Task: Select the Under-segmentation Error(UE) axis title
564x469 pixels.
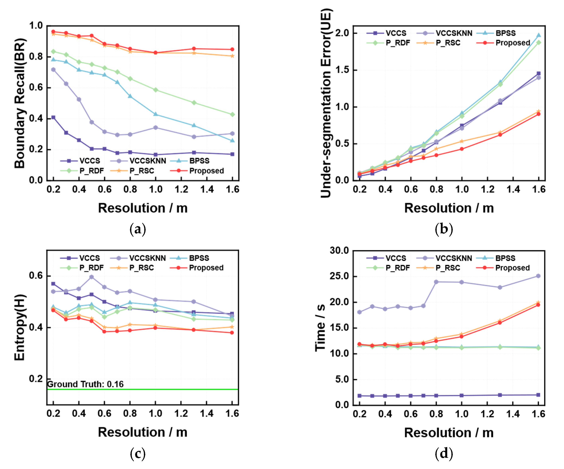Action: [x=326, y=103]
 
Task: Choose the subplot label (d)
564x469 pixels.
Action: [x=444, y=453]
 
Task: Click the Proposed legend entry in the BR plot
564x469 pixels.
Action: [x=206, y=171]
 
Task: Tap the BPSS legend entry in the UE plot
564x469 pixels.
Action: [x=505, y=33]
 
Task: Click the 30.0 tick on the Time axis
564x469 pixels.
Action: [x=339, y=250]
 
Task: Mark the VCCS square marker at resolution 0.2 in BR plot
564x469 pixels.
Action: [x=53, y=117]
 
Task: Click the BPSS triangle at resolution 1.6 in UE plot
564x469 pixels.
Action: [x=538, y=35]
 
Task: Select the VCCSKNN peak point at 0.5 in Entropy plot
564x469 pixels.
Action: [x=92, y=277]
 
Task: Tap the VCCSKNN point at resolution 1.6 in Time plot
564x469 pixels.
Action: [x=538, y=276]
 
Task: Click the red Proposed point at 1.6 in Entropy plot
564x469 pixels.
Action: [x=232, y=333]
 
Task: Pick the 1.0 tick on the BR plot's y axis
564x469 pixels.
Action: [x=36, y=26]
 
